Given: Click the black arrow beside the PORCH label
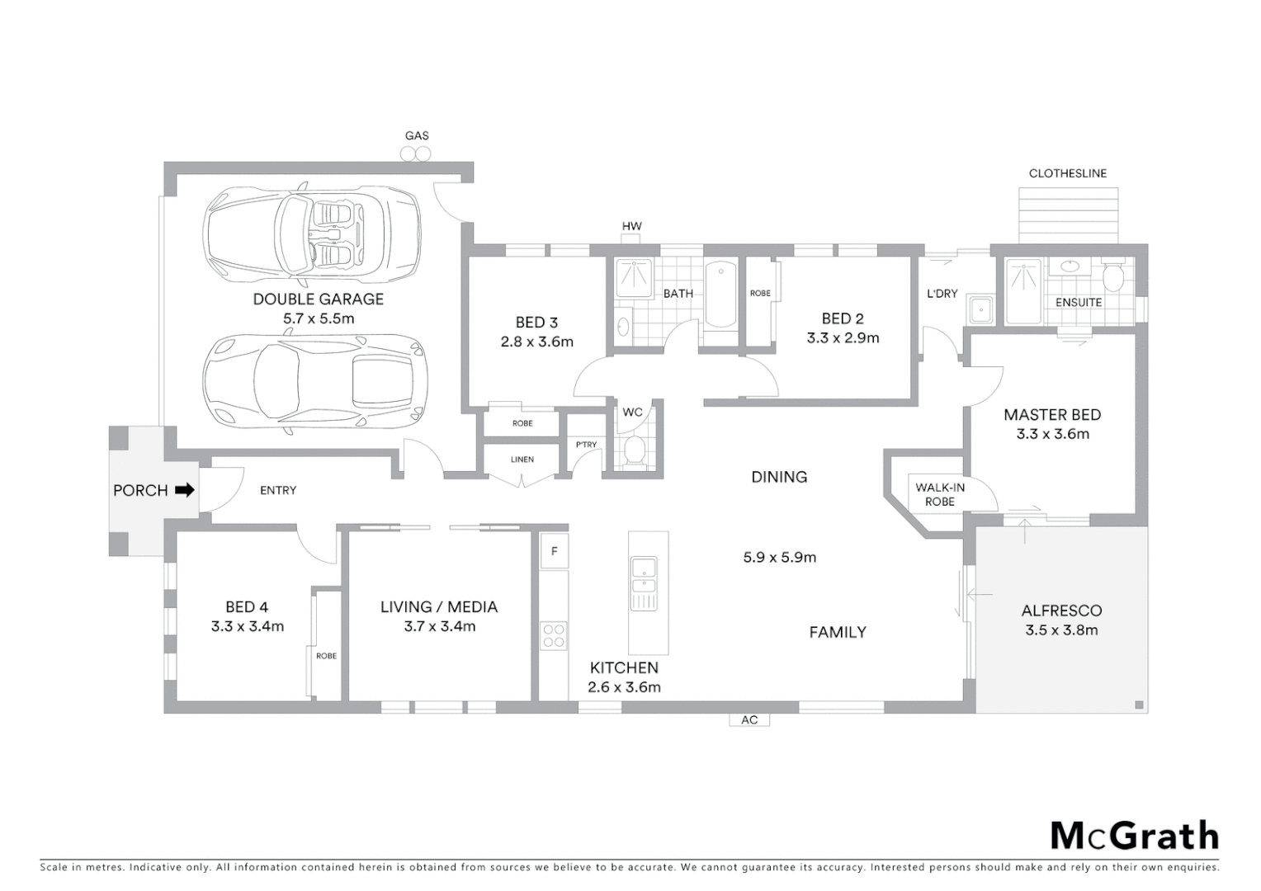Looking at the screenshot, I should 186,490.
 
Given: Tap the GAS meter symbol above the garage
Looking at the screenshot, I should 416,153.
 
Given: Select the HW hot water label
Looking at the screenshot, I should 631,226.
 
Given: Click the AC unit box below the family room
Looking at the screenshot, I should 749,719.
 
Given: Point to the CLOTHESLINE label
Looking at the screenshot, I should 1067,173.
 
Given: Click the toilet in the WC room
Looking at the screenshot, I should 634,450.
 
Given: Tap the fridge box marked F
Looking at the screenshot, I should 554,551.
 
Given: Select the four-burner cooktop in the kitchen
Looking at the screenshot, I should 554,635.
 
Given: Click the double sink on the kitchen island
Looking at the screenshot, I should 643,582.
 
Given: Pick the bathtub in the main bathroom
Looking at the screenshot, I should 720,295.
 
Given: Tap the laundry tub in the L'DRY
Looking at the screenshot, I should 980,309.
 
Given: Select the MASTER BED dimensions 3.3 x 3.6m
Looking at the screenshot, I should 1052,434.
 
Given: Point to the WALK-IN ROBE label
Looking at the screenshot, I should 939,494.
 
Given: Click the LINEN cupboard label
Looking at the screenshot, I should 522,460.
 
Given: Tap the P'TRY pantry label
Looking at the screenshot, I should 586,445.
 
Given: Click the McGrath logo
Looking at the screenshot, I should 1134,836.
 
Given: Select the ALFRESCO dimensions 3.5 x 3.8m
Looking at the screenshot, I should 1061,630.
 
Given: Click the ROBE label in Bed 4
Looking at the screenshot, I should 326,656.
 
